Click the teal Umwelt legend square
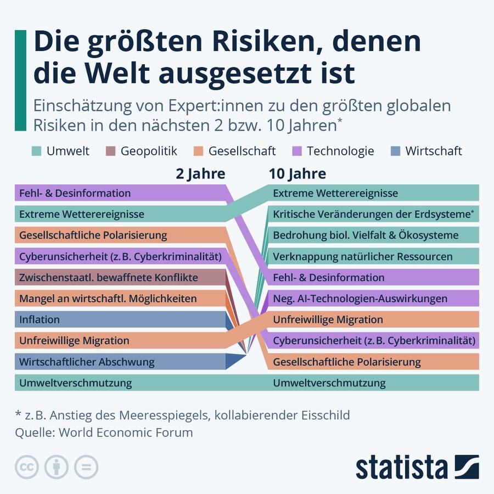point(36,151)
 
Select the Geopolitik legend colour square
point(110,151)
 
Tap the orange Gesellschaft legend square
point(198,151)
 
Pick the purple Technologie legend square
point(296,151)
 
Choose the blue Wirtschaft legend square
point(395,151)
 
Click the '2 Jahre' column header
point(200,174)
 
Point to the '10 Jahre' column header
point(297,174)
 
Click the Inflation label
point(40,319)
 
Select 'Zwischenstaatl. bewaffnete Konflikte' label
point(108,277)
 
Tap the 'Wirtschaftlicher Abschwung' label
point(87,362)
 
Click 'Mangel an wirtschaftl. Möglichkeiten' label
point(108,299)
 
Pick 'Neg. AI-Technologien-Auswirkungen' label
point(360,299)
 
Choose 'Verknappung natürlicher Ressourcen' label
point(362,256)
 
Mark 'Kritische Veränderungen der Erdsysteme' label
point(372,214)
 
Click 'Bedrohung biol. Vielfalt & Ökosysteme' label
point(365,235)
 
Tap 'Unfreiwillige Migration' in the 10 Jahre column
point(328,319)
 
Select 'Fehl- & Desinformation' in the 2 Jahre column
point(75,193)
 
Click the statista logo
point(417,467)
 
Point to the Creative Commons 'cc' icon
point(26,467)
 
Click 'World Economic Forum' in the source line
point(126,432)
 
